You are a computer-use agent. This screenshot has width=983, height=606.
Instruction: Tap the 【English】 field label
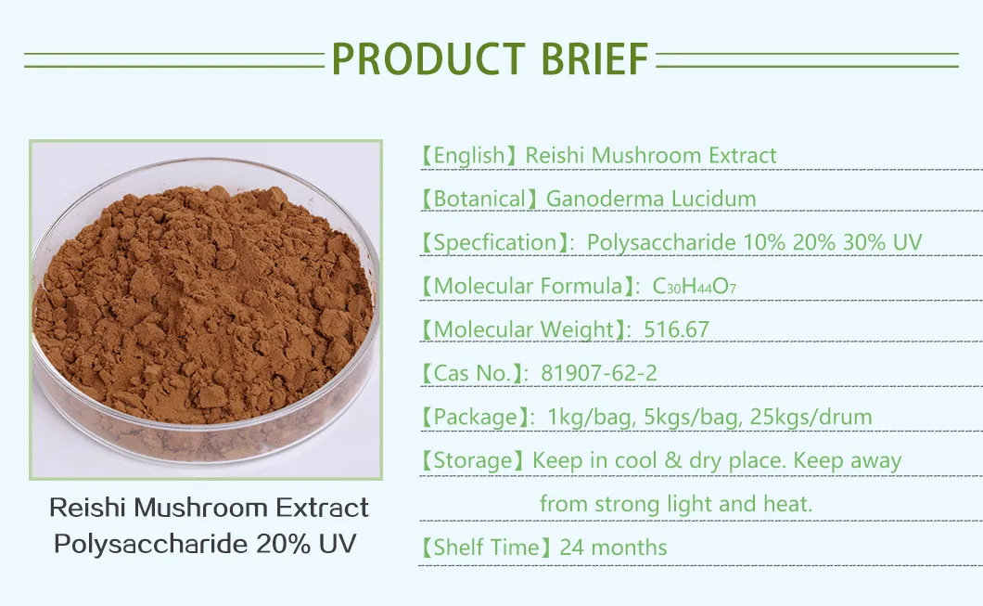pyautogui.click(x=467, y=156)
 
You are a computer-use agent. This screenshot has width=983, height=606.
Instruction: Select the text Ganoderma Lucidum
pyautogui.click(x=651, y=199)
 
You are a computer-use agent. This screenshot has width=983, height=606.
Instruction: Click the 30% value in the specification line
pyautogui.click(x=863, y=243)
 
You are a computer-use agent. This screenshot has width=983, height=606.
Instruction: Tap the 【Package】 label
pyautogui.click(x=474, y=418)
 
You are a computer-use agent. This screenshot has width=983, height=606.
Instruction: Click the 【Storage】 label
pyautogui.click(x=472, y=461)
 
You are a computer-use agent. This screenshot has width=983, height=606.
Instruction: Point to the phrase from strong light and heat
pyautogui.click(x=676, y=505)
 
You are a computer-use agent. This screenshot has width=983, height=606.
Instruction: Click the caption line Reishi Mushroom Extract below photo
pyautogui.click(x=209, y=509)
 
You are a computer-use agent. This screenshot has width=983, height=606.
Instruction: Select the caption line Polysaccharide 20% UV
pyautogui.click(x=205, y=544)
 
